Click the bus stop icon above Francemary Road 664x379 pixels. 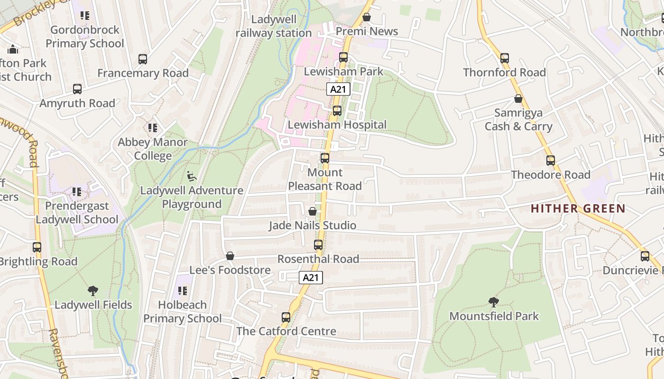143,59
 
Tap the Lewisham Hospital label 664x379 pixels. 337,125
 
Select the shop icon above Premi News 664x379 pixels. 367,18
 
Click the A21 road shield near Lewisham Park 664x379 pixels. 338,89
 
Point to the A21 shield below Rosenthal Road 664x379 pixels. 311,278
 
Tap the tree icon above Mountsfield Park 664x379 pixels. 494,302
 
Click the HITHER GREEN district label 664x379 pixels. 578,208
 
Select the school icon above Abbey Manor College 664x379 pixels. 153,128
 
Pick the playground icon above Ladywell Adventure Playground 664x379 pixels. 192,177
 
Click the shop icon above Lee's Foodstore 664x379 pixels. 230,256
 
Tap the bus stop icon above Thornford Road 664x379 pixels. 505,58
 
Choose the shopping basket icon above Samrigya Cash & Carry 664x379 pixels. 518,99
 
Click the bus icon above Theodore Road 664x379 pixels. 551,161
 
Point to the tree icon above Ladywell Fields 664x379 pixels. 93,291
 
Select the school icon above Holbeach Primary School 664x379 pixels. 182,291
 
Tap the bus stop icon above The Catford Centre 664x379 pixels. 286,317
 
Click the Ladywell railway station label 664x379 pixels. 274,26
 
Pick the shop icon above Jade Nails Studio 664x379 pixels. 313,211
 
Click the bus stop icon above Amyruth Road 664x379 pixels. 77,89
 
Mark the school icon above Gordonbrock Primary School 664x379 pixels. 85,16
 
